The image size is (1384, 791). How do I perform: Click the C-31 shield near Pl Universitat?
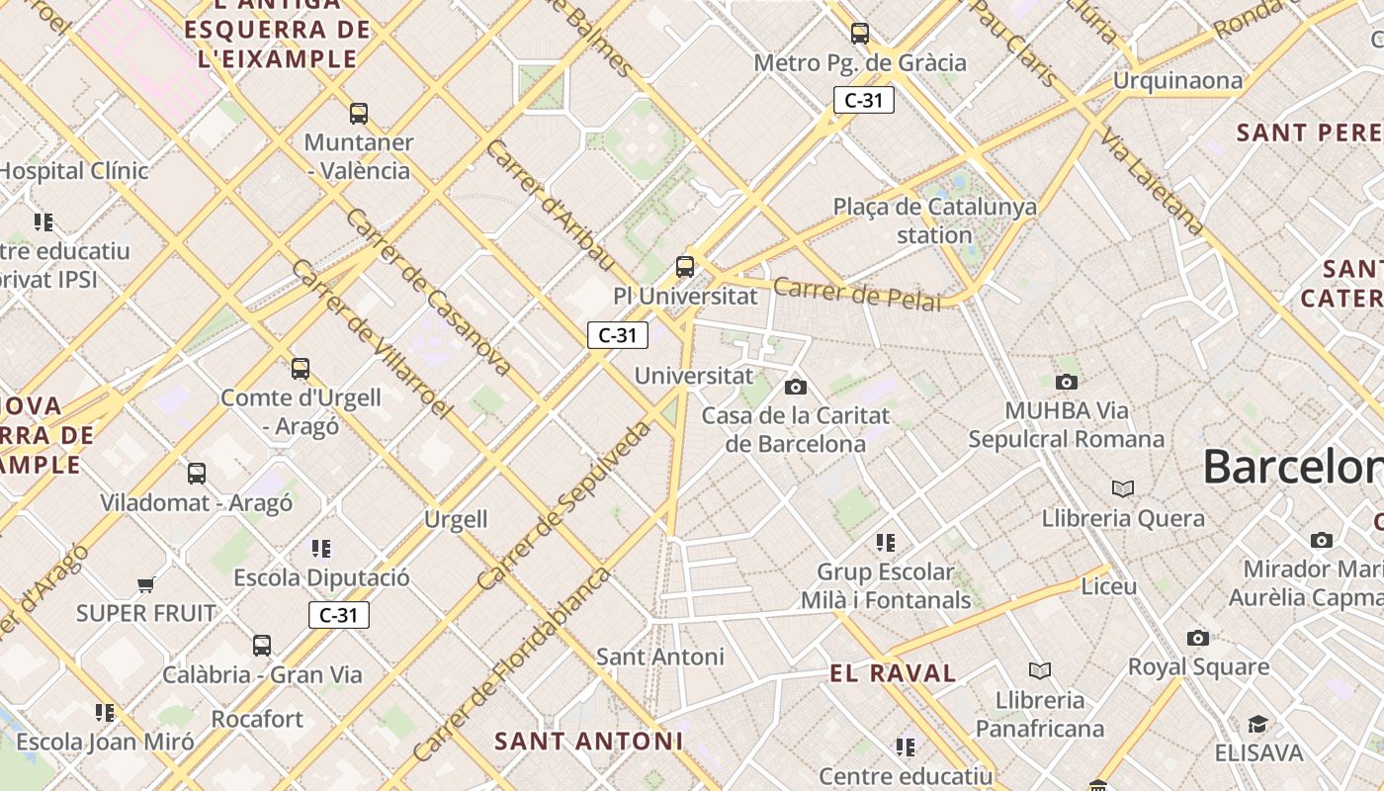[x=618, y=335]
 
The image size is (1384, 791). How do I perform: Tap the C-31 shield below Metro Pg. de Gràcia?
[x=863, y=100]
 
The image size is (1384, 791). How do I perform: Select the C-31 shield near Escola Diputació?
[x=338, y=615]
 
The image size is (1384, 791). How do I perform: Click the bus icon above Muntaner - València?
[x=359, y=114]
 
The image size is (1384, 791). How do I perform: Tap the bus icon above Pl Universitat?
[x=684, y=266]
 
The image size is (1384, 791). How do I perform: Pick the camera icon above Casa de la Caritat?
[x=795, y=387]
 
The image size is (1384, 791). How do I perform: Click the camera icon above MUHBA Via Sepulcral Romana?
[x=1066, y=382]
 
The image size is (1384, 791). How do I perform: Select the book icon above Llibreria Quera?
[x=1122, y=488]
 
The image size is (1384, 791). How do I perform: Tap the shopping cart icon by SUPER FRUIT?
[x=146, y=584]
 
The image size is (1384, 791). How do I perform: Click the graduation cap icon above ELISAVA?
[x=1257, y=725]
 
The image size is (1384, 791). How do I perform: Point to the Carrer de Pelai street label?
[x=857, y=295]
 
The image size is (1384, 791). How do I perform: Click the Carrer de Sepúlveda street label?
[x=564, y=504]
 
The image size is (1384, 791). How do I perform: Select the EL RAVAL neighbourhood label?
[x=893, y=674]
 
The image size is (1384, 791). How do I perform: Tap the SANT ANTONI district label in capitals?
[x=588, y=741]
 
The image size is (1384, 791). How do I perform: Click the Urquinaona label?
[x=1176, y=80]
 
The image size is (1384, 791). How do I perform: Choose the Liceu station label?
[x=1108, y=586]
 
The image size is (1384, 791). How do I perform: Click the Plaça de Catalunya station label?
[x=934, y=220]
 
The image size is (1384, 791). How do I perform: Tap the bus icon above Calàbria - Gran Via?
[x=261, y=646]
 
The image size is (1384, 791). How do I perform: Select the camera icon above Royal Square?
[x=1198, y=639]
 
